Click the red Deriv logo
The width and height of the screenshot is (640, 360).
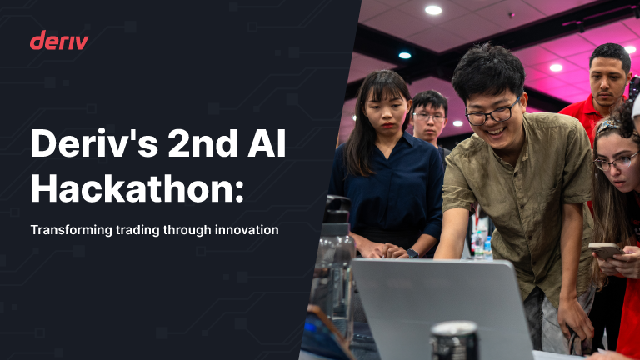point(58,40)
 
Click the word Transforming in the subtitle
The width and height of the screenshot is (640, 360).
point(69,229)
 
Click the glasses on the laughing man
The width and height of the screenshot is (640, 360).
point(492,113)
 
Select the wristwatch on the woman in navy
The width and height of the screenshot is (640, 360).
point(412,252)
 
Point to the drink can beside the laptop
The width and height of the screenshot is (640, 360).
point(453,342)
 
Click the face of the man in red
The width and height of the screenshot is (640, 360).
point(610,77)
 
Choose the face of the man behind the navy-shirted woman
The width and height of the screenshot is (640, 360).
point(430,117)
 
